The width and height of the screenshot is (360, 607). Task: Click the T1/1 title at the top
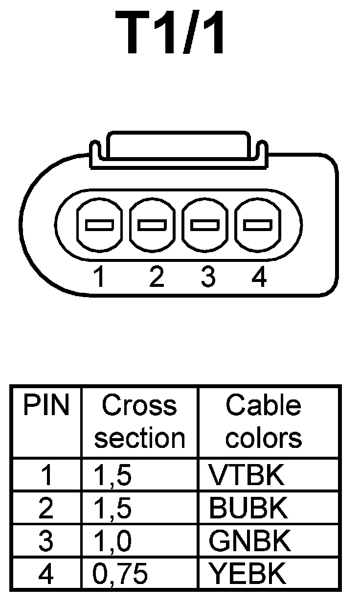click(171, 33)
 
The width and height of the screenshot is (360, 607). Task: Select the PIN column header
click(47, 406)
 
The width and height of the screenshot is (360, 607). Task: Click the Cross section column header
click(139, 421)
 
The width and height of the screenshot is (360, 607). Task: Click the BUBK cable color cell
click(247, 508)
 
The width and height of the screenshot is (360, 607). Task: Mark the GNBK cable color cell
click(249, 541)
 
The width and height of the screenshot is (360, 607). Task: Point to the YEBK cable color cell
click(247, 574)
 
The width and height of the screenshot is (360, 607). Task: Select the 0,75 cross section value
click(120, 574)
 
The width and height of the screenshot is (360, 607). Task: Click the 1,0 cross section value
click(112, 541)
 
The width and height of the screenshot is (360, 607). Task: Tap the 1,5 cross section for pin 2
click(112, 509)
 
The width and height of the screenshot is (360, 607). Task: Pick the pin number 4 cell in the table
click(46, 574)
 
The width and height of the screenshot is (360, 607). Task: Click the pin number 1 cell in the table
click(47, 475)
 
